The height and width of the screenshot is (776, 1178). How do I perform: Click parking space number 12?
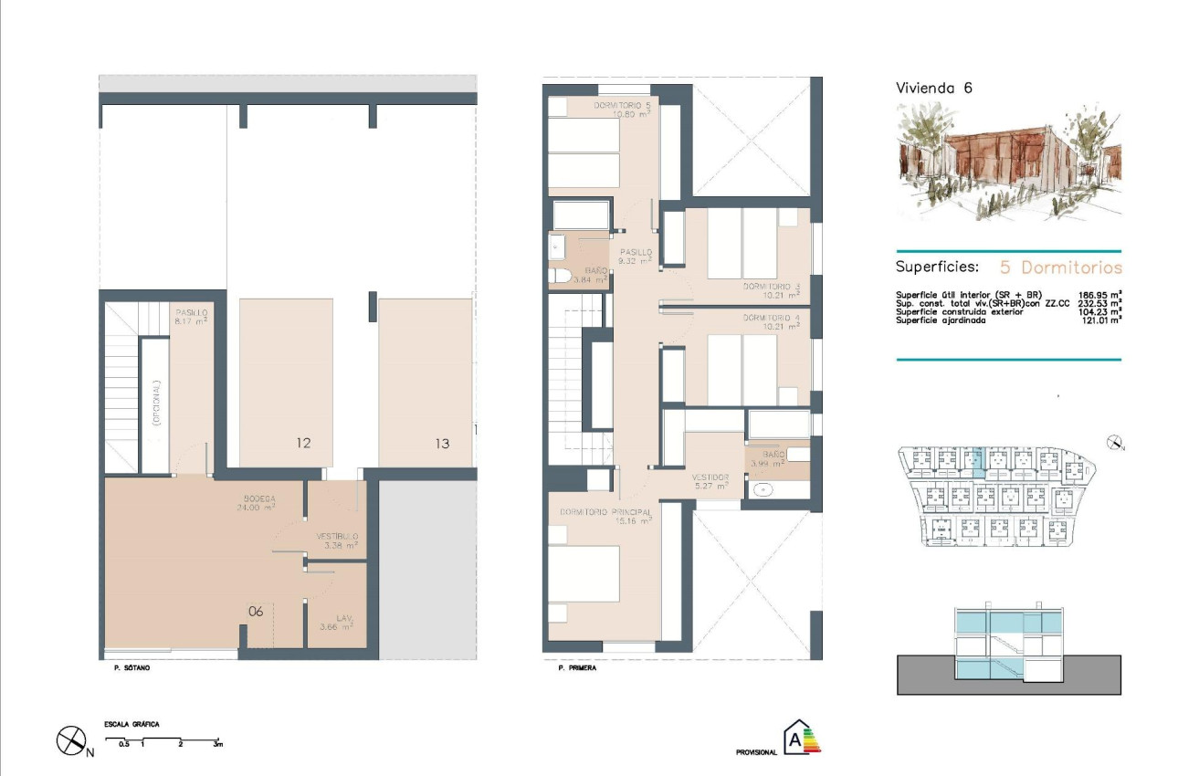coord(303,444)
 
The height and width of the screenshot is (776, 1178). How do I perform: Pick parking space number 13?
coord(442,444)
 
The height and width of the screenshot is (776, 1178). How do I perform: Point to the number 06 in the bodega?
coord(256,612)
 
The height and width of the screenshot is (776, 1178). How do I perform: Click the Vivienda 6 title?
coord(933,89)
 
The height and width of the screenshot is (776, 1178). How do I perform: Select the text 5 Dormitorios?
coord(1060,267)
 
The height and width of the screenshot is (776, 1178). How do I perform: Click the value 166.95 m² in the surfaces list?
coord(1099,295)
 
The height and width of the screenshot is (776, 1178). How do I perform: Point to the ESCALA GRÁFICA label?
coord(132,724)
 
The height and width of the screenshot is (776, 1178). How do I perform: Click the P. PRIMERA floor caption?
coord(576,668)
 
